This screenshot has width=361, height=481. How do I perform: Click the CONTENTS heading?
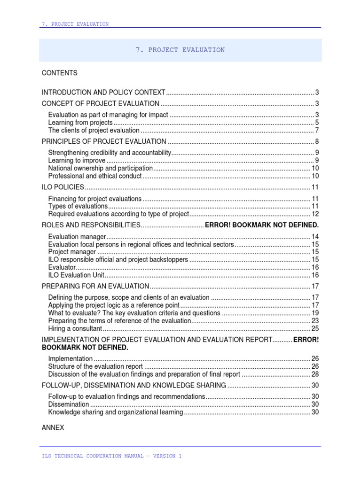tap(60, 73)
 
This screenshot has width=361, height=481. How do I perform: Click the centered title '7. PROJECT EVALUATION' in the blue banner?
tap(180, 50)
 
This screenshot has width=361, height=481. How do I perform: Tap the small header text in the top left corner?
tap(75, 24)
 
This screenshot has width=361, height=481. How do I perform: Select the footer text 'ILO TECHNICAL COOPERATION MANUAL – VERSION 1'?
tap(111, 456)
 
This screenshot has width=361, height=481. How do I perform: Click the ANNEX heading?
tap(53, 428)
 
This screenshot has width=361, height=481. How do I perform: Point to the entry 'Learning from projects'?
tap(80, 123)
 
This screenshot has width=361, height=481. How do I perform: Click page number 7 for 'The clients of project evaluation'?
tap(317, 131)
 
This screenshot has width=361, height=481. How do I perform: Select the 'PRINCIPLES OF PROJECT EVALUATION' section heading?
tap(104, 142)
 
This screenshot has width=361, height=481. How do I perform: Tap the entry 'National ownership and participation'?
tap(101, 168)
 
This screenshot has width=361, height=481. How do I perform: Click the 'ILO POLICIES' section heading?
tap(63, 187)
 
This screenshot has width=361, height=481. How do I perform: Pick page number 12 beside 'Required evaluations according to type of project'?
tap(315, 214)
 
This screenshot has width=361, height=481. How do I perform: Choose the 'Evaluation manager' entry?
tap(77, 237)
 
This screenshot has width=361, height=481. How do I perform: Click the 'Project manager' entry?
tap(72, 252)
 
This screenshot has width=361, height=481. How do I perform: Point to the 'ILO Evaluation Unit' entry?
tap(76, 275)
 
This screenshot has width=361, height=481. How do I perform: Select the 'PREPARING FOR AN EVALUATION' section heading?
tap(95, 287)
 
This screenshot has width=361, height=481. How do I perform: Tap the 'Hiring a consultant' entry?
tap(75, 328)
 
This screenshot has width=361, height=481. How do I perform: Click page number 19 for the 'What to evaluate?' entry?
tap(315, 313)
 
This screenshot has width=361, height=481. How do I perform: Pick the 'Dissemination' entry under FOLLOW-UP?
tap(69, 404)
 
